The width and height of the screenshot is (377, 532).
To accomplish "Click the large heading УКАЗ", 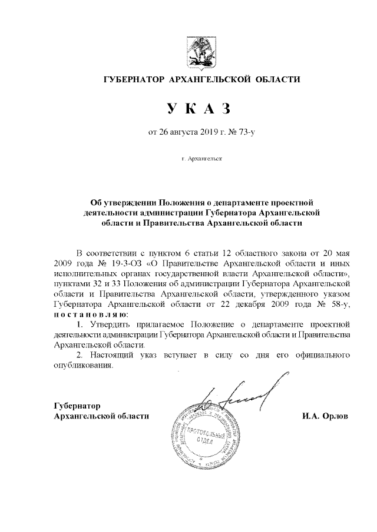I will click(x=196, y=109).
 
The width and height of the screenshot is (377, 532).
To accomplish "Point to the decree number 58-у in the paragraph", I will click(x=339, y=305).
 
